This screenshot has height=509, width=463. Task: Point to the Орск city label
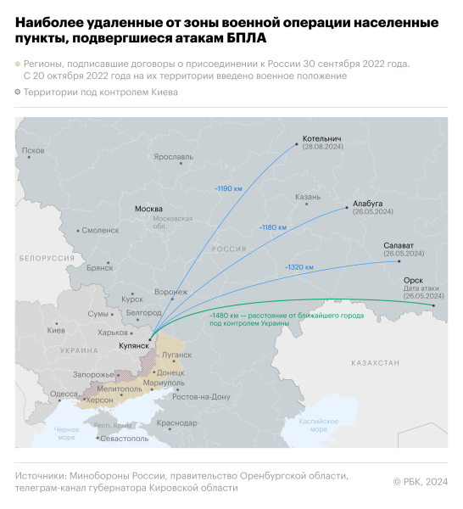click(x=413, y=280)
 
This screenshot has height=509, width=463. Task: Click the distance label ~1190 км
click(x=229, y=186)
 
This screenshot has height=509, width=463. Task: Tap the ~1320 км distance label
click(x=298, y=267)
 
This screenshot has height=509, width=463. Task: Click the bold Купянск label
click(x=135, y=347)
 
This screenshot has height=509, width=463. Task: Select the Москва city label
click(x=148, y=209)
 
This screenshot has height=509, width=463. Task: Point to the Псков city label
click(x=33, y=150)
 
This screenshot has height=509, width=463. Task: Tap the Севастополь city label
click(x=124, y=439)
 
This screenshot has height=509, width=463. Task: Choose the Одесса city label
click(x=64, y=394)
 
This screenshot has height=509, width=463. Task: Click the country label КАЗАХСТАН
click(x=375, y=362)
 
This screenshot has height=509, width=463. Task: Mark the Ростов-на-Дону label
click(x=201, y=396)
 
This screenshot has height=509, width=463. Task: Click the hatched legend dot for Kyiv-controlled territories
click(x=18, y=92)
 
